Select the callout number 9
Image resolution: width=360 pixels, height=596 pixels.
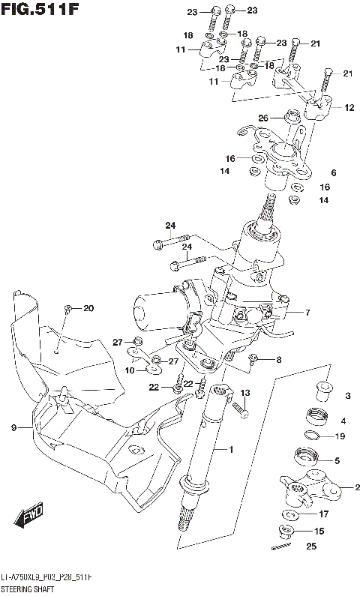pyautogui.click(x=13, y=427)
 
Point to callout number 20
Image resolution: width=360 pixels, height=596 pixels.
pyautogui.click(x=88, y=308)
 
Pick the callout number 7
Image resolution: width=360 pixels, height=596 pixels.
pyautogui.click(x=307, y=312)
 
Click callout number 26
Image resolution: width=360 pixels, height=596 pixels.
pyautogui.click(x=262, y=118)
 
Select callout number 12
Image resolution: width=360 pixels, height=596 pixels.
pyautogui.click(x=349, y=108)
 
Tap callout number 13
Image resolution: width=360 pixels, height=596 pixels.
pyautogui.click(x=244, y=393)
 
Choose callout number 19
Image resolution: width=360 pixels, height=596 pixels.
pyautogui.click(x=340, y=436)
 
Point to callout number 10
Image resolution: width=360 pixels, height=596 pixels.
pyautogui.click(x=130, y=370)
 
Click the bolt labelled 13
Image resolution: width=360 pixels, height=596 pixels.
pyautogui.click(x=241, y=409)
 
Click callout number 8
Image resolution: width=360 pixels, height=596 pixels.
pyautogui.click(x=278, y=360)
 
